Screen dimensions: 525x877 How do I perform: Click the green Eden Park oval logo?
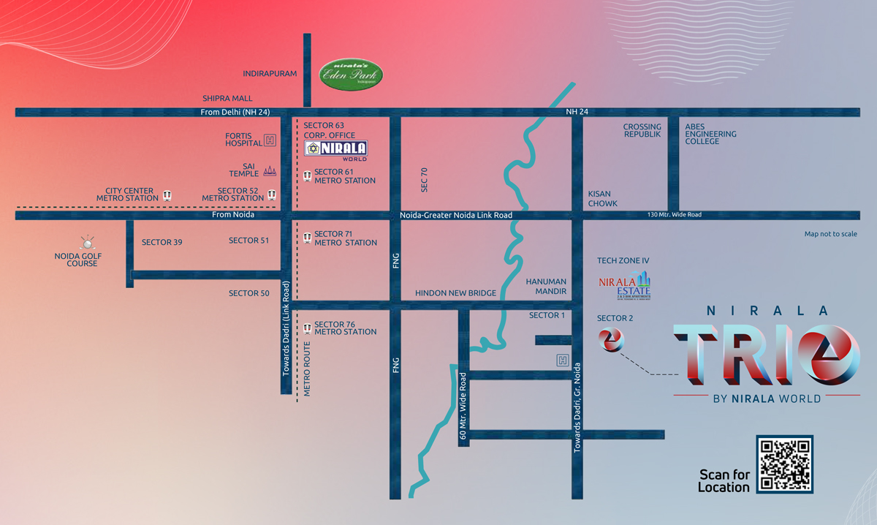[352, 74]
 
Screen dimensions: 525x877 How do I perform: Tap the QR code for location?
[785, 464]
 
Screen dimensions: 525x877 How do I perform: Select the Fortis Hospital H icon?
[270, 140]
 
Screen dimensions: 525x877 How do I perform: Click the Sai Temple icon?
[270, 170]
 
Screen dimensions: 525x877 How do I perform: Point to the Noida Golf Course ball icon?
[87, 242]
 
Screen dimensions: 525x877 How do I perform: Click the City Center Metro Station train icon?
[168, 194]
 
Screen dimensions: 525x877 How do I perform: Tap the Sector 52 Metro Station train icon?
[272, 194]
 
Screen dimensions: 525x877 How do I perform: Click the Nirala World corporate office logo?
[336, 150]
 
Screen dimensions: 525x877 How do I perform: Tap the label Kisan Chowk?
[603, 199]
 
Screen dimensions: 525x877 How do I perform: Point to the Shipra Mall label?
[227, 98]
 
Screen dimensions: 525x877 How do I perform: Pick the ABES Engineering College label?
[710, 134]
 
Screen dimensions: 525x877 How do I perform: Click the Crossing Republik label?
[642, 131]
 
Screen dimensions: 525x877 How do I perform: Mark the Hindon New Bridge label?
[455, 293]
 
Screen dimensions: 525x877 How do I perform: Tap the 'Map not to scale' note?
[830, 234]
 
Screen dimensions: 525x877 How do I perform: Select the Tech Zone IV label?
[623, 260]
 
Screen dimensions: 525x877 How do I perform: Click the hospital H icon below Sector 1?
[563, 360]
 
